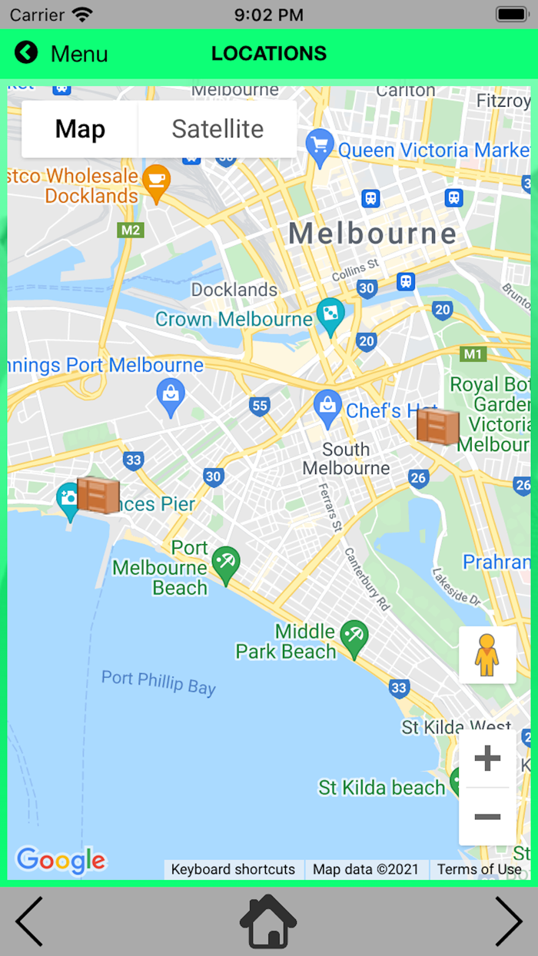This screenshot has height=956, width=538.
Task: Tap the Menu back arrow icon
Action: tap(25, 52)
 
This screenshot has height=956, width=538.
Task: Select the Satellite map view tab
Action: tap(218, 129)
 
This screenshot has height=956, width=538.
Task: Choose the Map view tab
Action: tap(80, 129)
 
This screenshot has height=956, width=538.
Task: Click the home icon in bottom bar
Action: tap(268, 921)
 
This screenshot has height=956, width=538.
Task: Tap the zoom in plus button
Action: tap(487, 759)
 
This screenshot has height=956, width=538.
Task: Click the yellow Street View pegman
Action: tap(487, 655)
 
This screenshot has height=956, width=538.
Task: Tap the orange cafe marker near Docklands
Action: tap(157, 181)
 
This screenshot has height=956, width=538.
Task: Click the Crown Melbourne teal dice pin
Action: tap(330, 315)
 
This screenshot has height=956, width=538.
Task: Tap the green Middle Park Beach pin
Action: tap(354, 636)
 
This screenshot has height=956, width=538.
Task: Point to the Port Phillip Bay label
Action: tap(158, 681)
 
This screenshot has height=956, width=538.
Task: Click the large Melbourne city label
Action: tap(372, 233)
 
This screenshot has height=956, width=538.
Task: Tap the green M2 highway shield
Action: tap(130, 230)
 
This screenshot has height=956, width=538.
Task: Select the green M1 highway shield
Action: tap(473, 354)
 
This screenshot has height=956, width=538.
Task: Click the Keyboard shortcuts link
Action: tap(233, 869)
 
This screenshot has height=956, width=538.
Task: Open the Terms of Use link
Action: tap(479, 869)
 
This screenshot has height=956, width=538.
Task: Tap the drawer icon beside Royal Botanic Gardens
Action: tap(437, 426)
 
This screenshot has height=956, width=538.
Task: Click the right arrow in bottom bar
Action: tap(508, 921)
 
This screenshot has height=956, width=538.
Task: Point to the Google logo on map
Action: tap(61, 861)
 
